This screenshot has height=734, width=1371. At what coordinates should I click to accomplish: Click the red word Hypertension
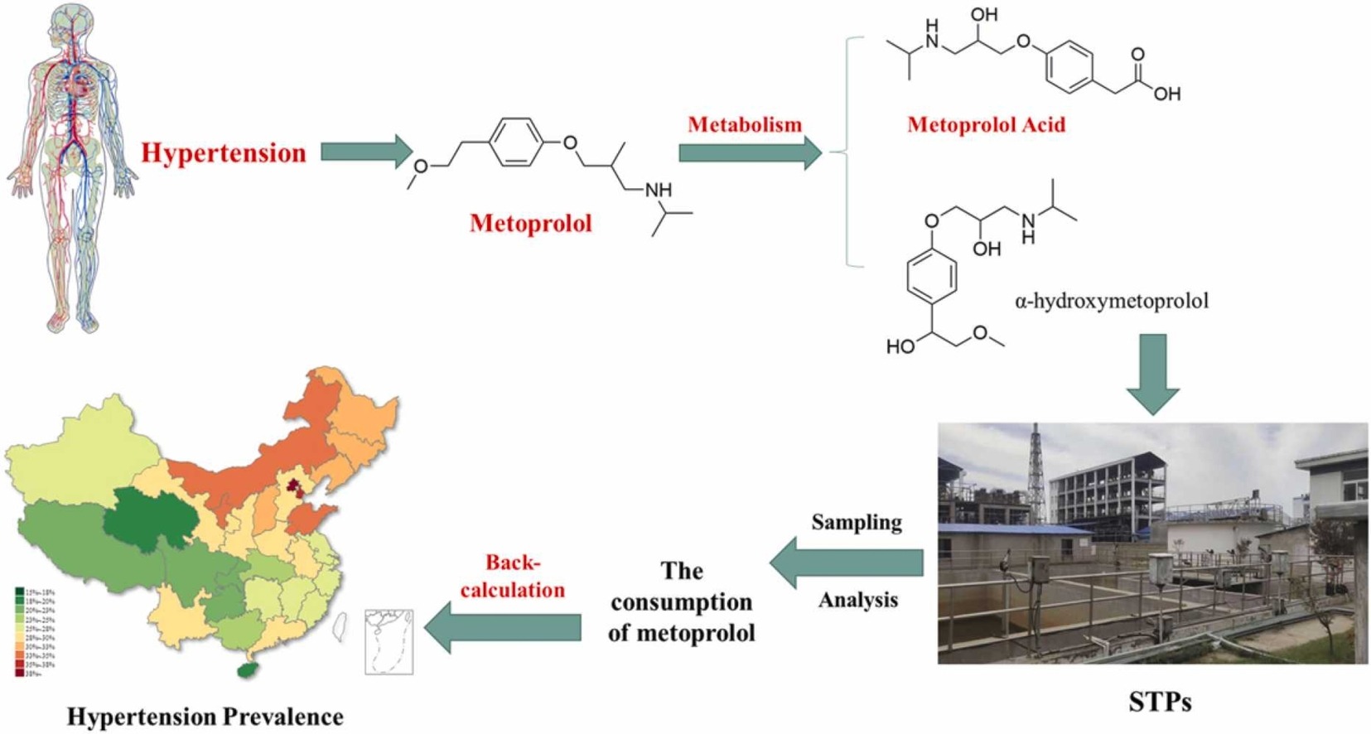[x=224, y=153]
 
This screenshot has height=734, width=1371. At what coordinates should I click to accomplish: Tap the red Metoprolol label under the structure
[x=530, y=224]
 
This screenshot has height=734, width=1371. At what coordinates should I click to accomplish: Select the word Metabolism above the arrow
[x=745, y=125]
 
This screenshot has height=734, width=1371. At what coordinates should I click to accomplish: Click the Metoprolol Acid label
[x=986, y=125]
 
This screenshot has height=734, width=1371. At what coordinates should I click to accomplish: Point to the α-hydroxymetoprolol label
[x=1111, y=301]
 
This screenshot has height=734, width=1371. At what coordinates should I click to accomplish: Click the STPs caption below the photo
[x=1159, y=703]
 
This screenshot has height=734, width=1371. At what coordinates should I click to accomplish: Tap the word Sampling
[x=857, y=523]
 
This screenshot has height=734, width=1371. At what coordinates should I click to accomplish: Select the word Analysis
[x=858, y=600]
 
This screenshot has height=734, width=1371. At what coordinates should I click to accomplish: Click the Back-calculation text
[x=513, y=576]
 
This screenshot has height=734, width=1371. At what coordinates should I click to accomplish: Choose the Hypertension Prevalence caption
[x=205, y=717]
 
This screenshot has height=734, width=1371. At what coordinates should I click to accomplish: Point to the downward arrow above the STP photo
[x=1152, y=374]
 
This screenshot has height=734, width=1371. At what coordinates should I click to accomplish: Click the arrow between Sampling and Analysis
[x=846, y=563]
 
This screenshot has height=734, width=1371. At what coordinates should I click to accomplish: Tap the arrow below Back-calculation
[x=504, y=627]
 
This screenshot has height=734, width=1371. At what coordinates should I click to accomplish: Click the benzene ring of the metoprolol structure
[x=516, y=143]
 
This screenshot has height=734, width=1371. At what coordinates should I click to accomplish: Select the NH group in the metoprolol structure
[x=659, y=191]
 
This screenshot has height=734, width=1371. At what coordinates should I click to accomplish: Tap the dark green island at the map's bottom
[x=246, y=669]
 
